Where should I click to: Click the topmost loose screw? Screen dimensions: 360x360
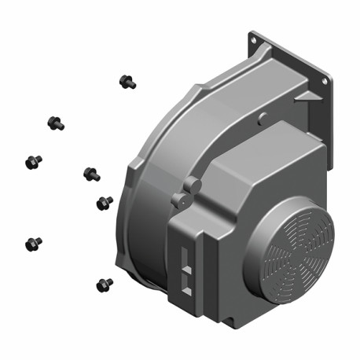point(126,80)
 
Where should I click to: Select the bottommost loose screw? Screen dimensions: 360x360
point(103,283)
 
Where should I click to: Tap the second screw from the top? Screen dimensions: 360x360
point(55,123)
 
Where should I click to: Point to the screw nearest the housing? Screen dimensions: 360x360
point(104,203)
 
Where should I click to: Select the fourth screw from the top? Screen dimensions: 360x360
point(90,172)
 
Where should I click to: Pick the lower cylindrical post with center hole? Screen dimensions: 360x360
point(180,201)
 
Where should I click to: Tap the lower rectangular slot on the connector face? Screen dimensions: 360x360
point(186,275)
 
